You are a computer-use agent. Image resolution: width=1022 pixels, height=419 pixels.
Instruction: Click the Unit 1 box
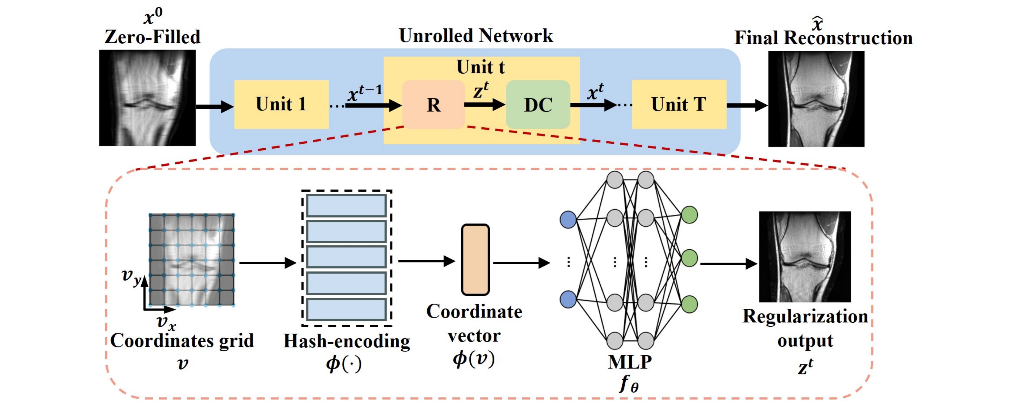pyautogui.click(x=281, y=104)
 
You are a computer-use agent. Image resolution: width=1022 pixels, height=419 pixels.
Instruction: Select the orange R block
pyautogui.click(x=433, y=105)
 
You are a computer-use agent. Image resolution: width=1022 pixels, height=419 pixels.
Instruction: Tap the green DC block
pyautogui.click(x=538, y=105)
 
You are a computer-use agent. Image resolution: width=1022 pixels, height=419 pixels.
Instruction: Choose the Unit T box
pyautogui.click(x=679, y=104)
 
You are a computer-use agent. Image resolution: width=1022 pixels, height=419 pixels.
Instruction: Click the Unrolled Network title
pyautogui.click(x=475, y=36)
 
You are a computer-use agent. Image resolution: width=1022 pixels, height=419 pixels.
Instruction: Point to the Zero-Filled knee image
pyautogui.click(x=147, y=98)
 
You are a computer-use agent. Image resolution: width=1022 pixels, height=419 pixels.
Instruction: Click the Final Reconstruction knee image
pyautogui.click(x=816, y=99)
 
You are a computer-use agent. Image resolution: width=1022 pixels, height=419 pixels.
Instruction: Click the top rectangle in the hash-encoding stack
pyautogui.click(x=346, y=206)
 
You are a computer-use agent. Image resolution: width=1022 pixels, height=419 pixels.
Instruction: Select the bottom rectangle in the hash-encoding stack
pyautogui.click(x=346, y=310)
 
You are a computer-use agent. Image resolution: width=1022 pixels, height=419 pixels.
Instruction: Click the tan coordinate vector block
pyautogui.click(x=475, y=260)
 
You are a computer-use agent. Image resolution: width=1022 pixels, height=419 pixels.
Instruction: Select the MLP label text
pyautogui.click(x=630, y=362)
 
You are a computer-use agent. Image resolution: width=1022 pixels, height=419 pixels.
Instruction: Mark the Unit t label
pyautogui.click(x=481, y=67)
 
